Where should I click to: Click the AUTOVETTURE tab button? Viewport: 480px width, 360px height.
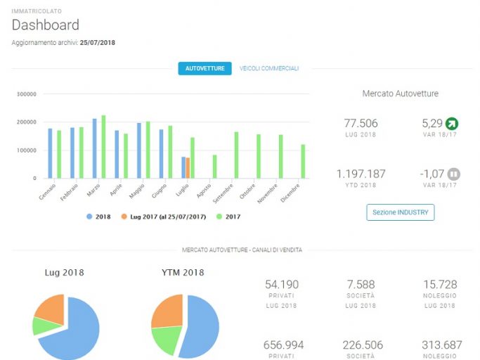pos(205,68)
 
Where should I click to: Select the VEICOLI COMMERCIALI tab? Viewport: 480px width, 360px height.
pos(269,68)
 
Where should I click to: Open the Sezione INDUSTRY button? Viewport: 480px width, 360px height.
pos(401,212)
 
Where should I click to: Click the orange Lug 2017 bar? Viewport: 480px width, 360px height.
pos(188,168)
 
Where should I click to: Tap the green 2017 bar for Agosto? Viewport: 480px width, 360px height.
pos(214,167)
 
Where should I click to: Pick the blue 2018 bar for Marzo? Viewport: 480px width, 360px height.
pos(95,148)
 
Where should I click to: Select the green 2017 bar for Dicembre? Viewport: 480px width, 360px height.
pos(303,162)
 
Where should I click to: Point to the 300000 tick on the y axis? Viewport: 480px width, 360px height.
pos(27,94)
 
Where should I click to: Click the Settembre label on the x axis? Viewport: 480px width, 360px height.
pos(223,193)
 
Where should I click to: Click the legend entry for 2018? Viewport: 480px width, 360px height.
pos(98,217)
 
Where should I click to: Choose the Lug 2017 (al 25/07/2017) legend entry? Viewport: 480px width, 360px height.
pos(164,217)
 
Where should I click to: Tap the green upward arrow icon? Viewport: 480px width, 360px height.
pos(452,124)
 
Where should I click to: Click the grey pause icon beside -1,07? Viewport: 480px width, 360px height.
pos(454,174)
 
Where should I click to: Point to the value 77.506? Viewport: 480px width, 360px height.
pos(361,123)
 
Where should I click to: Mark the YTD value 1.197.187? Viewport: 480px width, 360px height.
pos(361,174)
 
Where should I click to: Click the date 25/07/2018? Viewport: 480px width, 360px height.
pos(98,43)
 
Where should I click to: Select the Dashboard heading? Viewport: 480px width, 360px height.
pos(46,25)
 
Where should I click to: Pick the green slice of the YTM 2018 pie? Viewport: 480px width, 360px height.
pos(167,340)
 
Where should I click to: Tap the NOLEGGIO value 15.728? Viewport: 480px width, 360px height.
pos(440,284)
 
